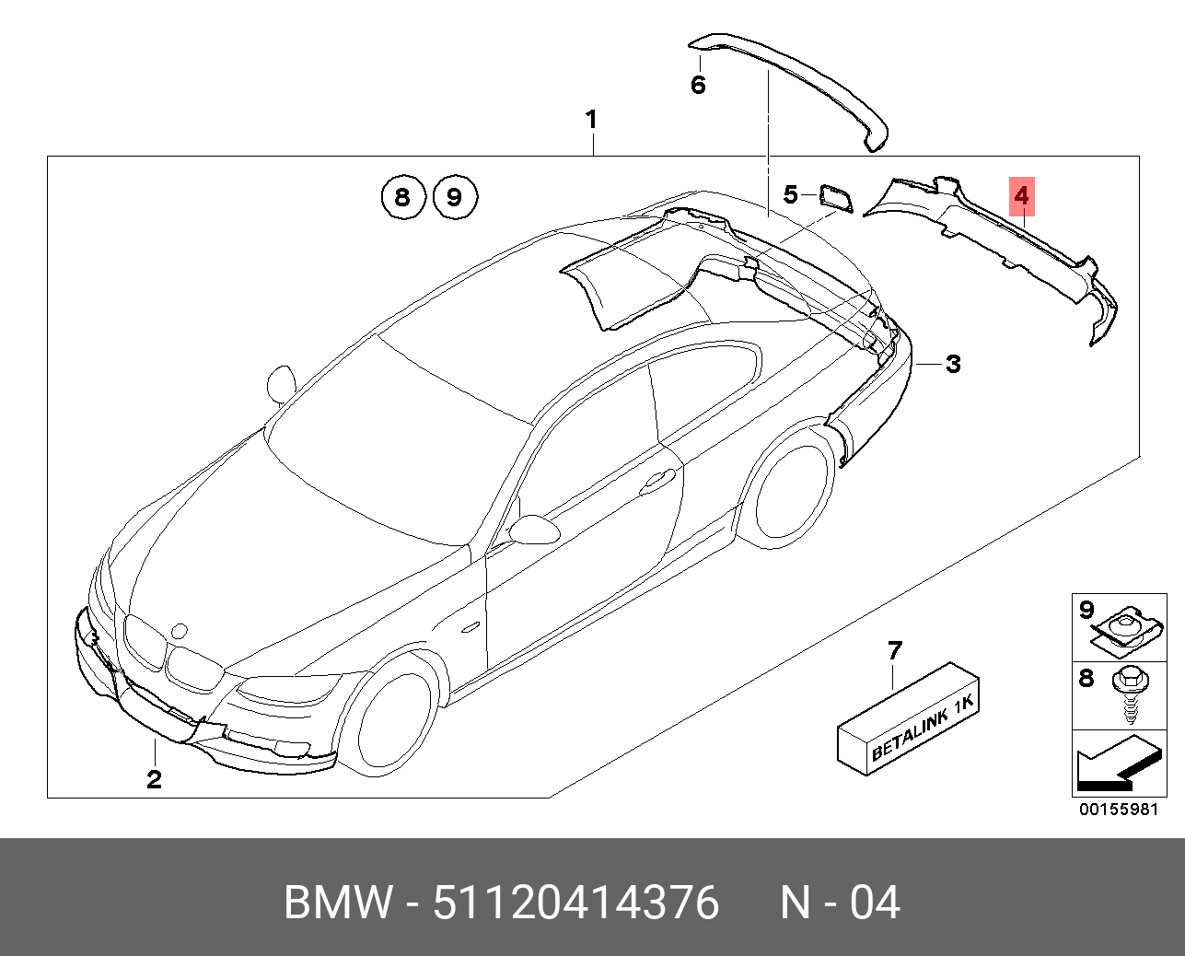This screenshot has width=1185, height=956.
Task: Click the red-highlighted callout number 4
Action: (x=1022, y=195)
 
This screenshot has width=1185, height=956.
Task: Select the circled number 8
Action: (x=401, y=196)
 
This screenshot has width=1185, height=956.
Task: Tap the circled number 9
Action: (x=453, y=196)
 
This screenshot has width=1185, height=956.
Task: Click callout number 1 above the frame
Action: (x=591, y=120)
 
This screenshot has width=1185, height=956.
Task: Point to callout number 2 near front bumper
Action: (x=154, y=779)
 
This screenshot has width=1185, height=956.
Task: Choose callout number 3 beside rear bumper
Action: (x=953, y=364)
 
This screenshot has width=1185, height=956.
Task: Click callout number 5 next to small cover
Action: (x=791, y=194)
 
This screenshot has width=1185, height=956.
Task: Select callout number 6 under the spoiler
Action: (x=698, y=86)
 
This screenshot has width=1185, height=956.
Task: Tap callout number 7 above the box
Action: (x=894, y=651)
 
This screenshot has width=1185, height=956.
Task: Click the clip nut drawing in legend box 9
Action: (x=1125, y=628)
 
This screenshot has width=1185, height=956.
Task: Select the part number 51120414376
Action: (x=576, y=903)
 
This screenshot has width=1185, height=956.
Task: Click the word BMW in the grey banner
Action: (x=337, y=903)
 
